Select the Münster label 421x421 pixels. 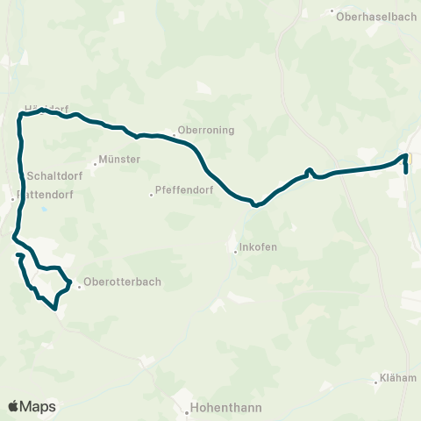tap(121, 161)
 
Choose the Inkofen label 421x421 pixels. tap(260, 247)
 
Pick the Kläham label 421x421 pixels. tap(397, 378)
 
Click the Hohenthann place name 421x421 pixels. tap(219, 408)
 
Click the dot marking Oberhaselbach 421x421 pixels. tap(333, 13)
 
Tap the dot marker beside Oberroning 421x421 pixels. tap(174, 135)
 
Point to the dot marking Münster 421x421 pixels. tap(96, 163)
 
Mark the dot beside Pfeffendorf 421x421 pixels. tap(151, 195)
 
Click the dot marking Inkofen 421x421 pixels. tap(235, 252)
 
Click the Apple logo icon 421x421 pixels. tap(14, 406)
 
